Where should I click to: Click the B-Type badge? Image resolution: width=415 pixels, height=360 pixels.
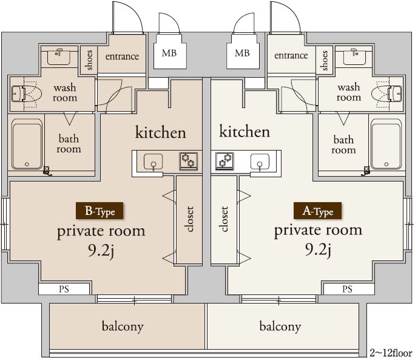[100, 211]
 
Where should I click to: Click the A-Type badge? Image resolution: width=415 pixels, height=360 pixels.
[317, 211]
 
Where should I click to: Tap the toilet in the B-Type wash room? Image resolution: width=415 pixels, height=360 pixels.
[27, 93]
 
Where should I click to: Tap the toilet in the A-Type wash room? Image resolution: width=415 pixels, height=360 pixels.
[386, 93]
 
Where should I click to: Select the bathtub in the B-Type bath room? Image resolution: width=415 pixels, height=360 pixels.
[27, 144]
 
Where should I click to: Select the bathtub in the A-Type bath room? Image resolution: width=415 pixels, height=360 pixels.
[386, 144]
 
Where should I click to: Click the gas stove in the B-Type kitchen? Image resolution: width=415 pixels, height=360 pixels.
[189, 161]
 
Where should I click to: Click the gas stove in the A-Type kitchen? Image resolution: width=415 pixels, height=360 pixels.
[224, 161]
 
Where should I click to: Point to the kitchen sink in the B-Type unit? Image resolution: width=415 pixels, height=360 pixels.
[154, 162]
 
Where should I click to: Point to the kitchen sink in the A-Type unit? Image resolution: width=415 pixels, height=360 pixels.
[260, 162]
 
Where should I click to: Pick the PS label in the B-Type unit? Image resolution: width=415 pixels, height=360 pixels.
[64, 289]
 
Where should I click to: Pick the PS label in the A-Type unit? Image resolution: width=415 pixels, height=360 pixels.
[347, 289]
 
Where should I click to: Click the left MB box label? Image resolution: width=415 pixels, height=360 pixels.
[169, 53]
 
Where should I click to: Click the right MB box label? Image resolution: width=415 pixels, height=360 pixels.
[242, 53]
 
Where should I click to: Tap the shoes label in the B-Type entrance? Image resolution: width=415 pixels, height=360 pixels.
[89, 60]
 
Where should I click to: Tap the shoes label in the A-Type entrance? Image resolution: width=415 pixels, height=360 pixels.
[325, 61]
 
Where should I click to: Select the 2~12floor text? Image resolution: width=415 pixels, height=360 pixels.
[391, 353]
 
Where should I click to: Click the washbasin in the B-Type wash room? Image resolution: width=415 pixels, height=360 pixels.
[59, 56]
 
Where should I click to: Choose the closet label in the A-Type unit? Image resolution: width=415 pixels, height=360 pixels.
[224, 219]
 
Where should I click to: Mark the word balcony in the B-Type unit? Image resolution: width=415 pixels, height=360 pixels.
[123, 327]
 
